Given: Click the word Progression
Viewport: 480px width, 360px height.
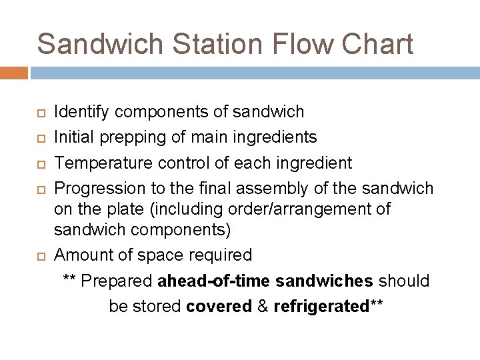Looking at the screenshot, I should [95, 189].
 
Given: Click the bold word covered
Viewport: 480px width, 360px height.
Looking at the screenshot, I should [218, 307].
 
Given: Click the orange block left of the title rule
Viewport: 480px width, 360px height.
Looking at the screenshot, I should [14, 73].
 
